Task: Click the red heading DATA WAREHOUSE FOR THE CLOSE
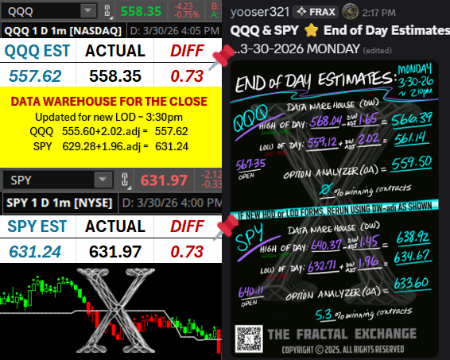click(x=110, y=103)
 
